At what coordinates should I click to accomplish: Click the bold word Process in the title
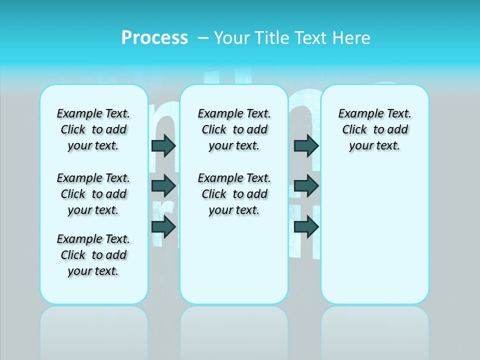(154, 38)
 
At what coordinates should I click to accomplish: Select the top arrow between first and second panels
(163, 145)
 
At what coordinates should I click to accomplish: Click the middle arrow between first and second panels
(163, 186)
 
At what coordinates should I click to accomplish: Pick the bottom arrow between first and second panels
(163, 227)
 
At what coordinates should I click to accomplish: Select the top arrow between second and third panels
(306, 145)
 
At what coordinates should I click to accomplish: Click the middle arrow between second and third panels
(306, 186)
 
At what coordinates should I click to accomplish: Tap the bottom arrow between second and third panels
(306, 227)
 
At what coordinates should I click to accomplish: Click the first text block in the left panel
(93, 129)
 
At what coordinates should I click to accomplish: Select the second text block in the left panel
(93, 194)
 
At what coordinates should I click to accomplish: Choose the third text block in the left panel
(93, 255)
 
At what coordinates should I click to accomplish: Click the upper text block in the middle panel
(234, 129)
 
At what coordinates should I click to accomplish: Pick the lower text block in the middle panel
(234, 194)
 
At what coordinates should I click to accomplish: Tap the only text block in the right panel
(374, 129)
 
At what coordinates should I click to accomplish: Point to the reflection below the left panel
(94, 330)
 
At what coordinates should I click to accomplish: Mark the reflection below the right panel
(375, 330)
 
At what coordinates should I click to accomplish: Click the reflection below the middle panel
(234, 330)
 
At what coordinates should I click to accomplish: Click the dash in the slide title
(203, 38)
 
